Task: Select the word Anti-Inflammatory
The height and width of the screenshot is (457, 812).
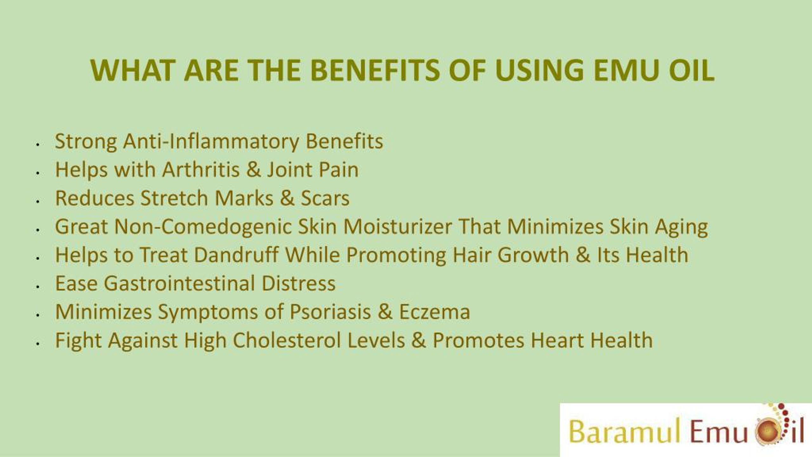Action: click(211, 141)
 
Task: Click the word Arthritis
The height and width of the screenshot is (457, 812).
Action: click(201, 169)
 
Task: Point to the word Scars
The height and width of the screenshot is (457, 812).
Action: click(325, 198)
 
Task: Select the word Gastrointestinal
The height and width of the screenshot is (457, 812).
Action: click(179, 283)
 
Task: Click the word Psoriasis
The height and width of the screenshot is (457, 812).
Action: click(330, 312)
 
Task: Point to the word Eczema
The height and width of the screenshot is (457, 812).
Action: click(434, 312)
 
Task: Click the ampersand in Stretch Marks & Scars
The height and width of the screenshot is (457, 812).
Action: click(287, 198)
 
